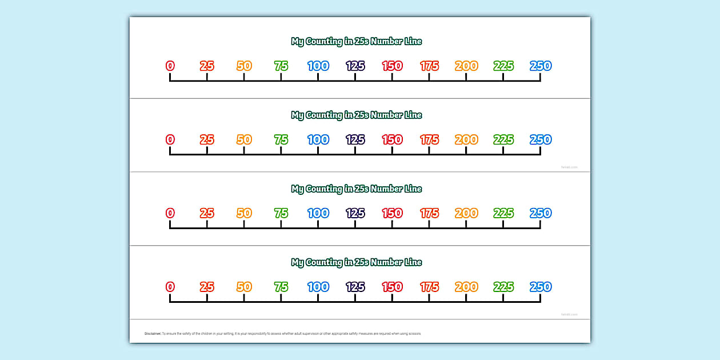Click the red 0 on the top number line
click(170, 66)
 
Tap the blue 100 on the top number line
click(318, 66)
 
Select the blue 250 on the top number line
click(541, 66)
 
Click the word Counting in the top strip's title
click(325, 42)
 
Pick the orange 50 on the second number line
click(244, 139)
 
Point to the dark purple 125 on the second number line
click(355, 139)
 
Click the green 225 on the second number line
click(503, 139)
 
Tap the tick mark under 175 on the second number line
click(429, 151)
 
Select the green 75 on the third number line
click(281, 213)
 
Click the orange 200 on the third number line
click(466, 213)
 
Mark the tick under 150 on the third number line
click(392, 225)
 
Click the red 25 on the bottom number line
click(207, 287)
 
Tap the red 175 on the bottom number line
click(429, 287)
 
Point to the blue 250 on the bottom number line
click(541, 287)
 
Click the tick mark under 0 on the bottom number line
click(170, 298)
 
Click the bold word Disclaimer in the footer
click(153, 333)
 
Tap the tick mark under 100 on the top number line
click(318, 77)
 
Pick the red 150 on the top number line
click(392, 66)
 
